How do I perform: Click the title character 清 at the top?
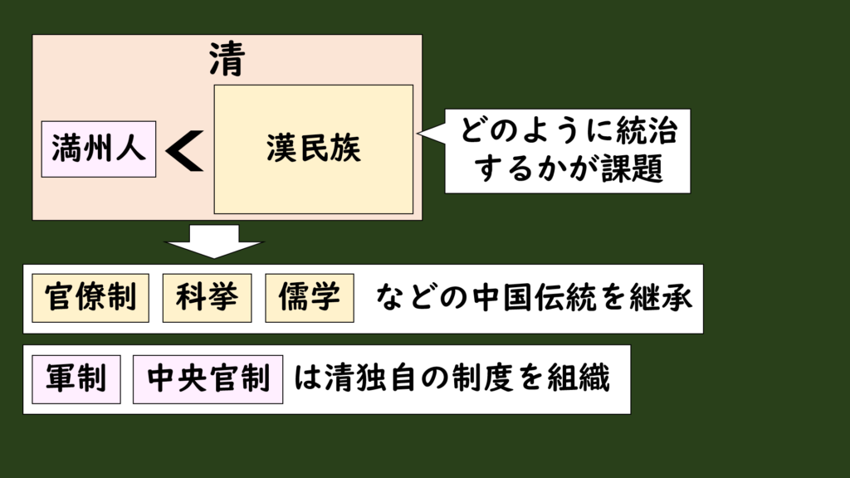coord(227,59)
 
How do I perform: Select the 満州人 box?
coord(99,149)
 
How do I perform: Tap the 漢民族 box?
coord(314,149)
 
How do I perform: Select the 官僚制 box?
coord(90,298)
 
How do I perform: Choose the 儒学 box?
coord(310,298)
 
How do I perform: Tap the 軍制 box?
coord(76,378)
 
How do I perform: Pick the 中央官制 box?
coord(208,378)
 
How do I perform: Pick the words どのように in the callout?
coord(529,131)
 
